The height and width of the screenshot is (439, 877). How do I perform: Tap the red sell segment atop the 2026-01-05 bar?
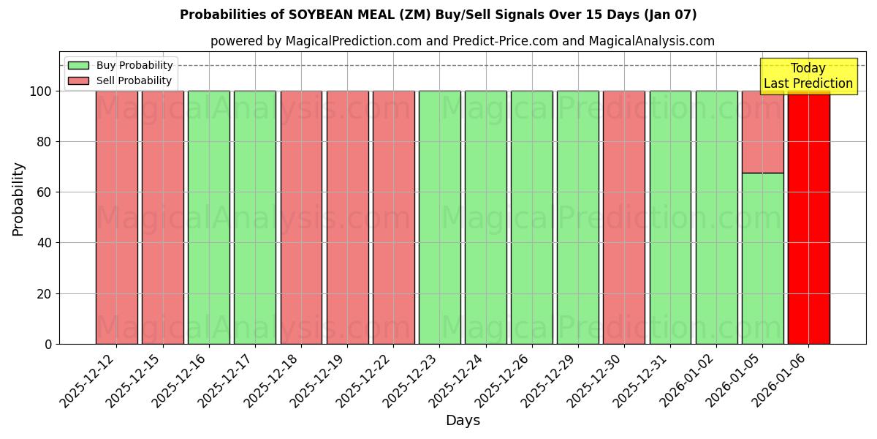click(762, 132)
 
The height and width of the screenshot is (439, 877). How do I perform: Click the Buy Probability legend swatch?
click(78, 66)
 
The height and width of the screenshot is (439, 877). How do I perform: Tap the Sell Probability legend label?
click(134, 81)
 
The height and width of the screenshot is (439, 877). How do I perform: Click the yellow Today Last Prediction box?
click(808, 76)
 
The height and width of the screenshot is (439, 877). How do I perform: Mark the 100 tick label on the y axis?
click(39, 91)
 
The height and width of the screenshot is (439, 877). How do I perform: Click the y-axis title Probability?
click(18, 199)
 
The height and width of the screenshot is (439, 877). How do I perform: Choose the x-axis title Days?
click(463, 421)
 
